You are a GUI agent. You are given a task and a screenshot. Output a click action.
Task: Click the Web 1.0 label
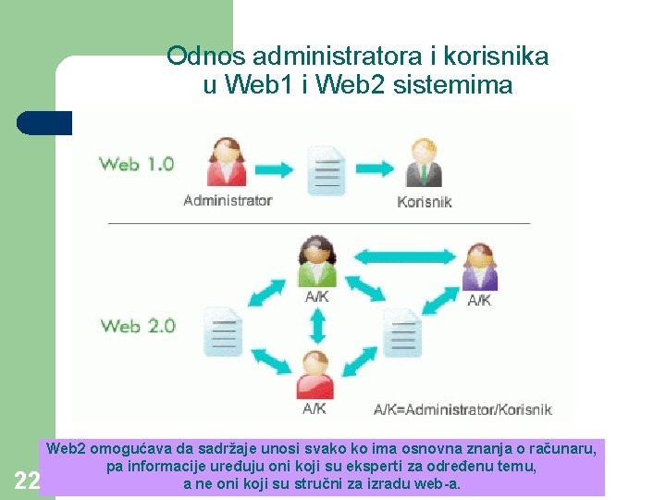pos(136,165)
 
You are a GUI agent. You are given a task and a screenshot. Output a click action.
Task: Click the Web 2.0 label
pos(137,326)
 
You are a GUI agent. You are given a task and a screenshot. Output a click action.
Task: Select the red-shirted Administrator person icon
pos(226,164)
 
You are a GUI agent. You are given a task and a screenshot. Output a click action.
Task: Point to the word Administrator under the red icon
pos(228,200)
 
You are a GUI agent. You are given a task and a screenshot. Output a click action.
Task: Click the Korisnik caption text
pos(425,201)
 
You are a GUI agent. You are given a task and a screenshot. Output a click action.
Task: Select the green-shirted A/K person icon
pos(316,263)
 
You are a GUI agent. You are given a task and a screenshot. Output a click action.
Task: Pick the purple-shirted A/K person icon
pos(479,269)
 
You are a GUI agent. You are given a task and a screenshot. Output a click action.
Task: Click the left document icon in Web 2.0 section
pos(222,331)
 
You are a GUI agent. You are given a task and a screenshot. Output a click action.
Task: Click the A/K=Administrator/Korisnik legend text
pos(462,408)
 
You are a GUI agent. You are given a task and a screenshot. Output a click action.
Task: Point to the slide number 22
pos(27,480)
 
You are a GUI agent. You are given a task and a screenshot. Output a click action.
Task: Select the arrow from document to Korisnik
pos(374,169)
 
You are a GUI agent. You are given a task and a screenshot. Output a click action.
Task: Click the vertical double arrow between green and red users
pos(317,325)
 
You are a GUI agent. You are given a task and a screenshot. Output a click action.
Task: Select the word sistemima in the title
pos(452,86)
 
